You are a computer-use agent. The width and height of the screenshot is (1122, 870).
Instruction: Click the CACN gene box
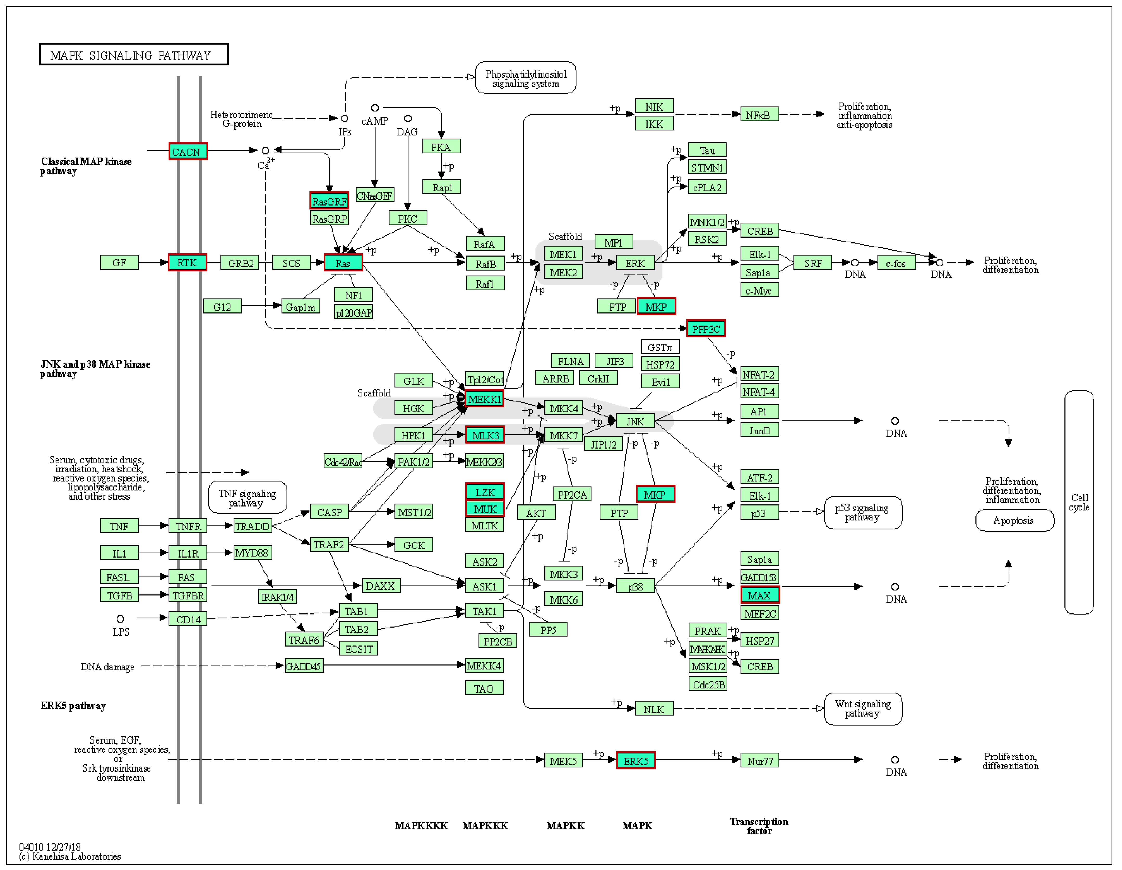(x=188, y=151)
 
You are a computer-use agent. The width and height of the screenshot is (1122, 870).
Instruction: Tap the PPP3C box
(x=706, y=329)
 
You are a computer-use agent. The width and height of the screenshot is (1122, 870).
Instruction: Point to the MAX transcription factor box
(x=759, y=595)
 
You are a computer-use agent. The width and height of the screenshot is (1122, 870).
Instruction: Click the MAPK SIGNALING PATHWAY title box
(x=134, y=54)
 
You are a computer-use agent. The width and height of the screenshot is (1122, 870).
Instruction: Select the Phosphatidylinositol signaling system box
(x=525, y=78)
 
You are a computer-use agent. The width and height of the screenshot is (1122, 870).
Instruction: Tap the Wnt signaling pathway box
(x=863, y=709)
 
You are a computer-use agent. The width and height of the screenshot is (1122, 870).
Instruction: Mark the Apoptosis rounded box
(x=1014, y=520)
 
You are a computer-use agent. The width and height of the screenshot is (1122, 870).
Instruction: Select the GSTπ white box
(x=660, y=347)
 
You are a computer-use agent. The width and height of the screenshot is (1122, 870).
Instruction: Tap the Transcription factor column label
(x=759, y=826)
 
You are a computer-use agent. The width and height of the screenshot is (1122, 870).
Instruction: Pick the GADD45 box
(x=304, y=666)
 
